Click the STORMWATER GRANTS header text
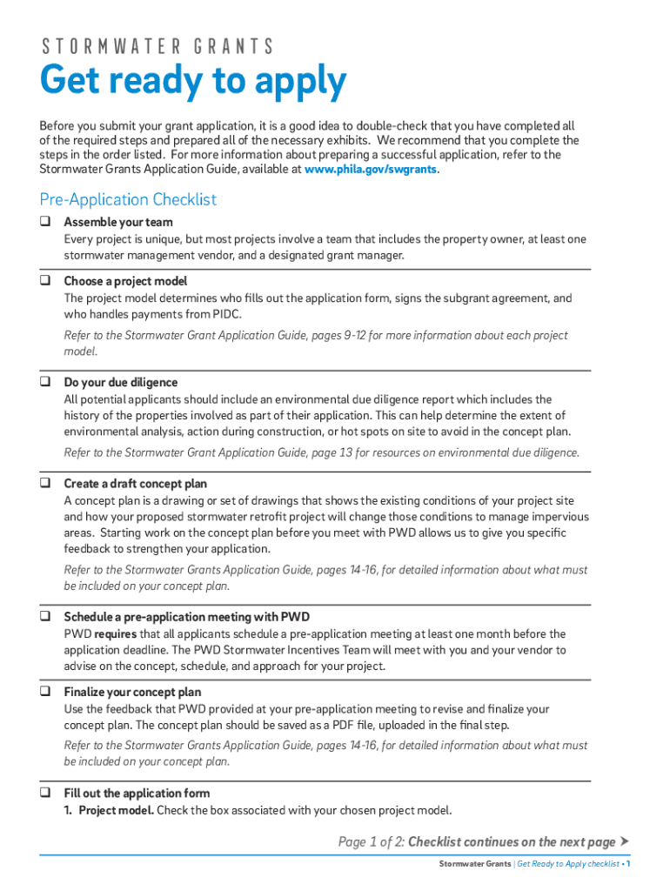click(157, 46)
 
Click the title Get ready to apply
click(193, 83)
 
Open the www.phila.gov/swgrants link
click(370, 170)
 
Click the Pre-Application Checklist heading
click(128, 199)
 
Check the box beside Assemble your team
click(44, 222)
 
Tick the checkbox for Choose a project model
click(44, 281)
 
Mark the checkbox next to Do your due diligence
click(44, 382)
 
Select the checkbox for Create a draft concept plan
click(44, 483)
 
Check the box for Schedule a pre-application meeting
click(44, 617)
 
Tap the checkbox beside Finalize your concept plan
click(44, 693)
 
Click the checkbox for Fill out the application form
click(44, 794)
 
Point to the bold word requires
click(115, 634)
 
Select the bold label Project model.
click(116, 811)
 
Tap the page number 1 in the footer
click(628, 864)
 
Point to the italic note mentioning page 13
click(321, 452)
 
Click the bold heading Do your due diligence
click(120, 382)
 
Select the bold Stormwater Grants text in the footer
click(474, 864)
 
